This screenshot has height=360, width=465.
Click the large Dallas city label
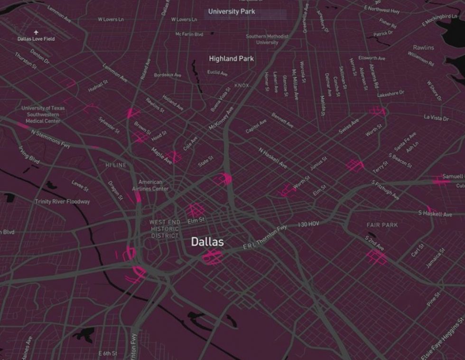(207, 242)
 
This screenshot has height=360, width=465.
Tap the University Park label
(232, 11)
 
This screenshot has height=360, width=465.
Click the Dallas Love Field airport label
(36, 38)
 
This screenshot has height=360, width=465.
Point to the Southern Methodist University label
(267, 39)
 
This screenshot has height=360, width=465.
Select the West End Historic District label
(165, 229)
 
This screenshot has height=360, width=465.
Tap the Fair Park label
(382, 225)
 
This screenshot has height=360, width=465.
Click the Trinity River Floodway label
(62, 202)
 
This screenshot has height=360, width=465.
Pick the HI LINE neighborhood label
(116, 165)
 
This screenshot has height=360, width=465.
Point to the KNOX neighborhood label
(242, 85)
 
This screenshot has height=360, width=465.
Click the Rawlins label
(423, 48)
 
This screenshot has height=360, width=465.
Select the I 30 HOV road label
(308, 224)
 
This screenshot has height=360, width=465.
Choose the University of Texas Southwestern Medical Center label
(43, 114)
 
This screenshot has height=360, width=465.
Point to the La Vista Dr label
(436, 117)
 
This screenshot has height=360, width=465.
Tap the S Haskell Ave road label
(435, 214)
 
